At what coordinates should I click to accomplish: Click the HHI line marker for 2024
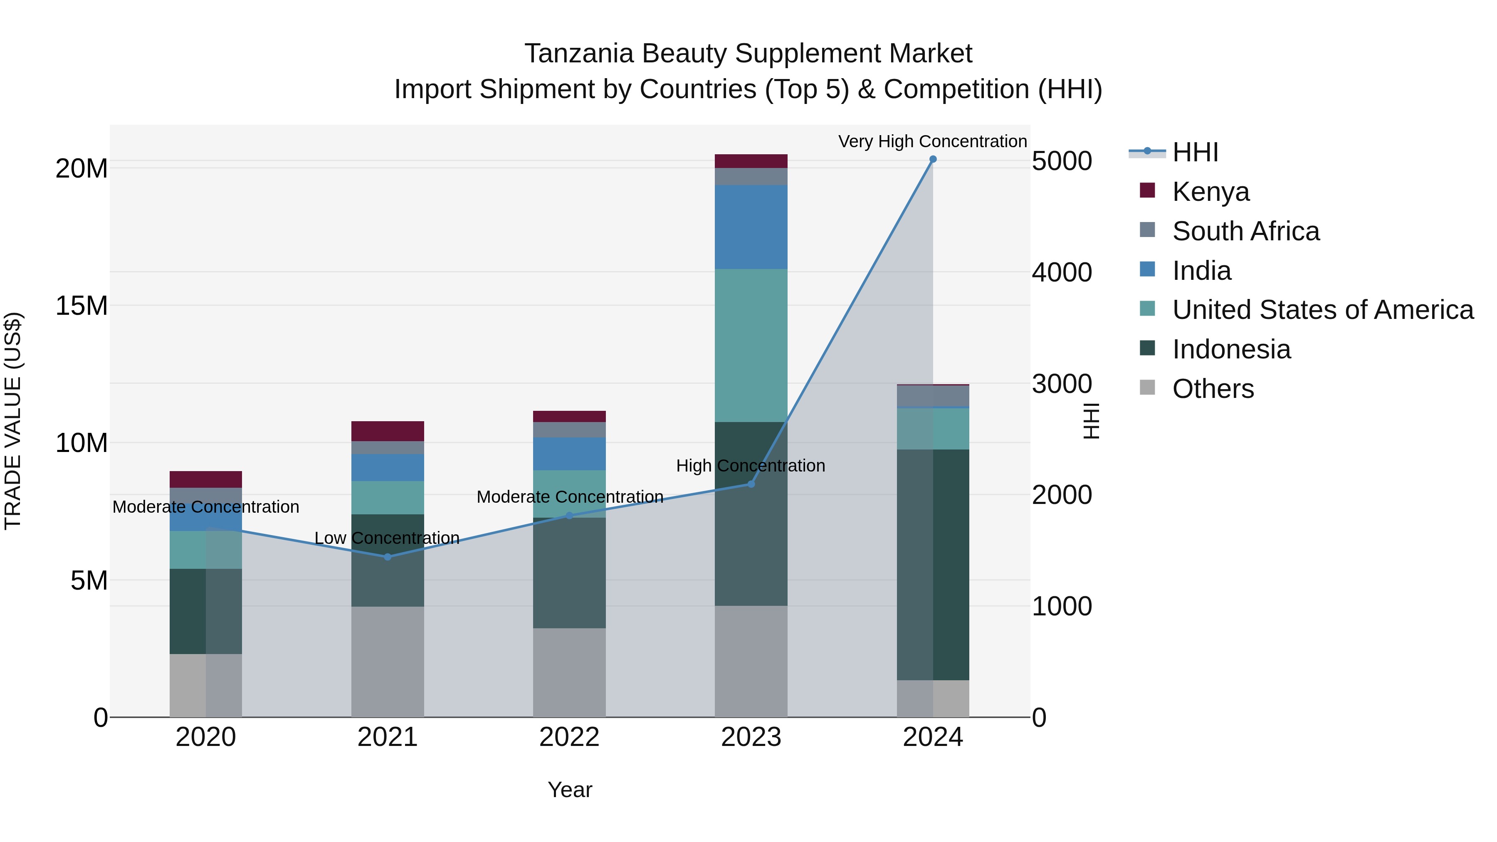tap(933, 159)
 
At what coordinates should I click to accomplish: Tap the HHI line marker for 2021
tap(388, 557)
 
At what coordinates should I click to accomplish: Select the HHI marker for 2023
tap(751, 484)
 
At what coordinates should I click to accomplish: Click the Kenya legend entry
tap(1210, 192)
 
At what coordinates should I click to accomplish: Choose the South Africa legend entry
tap(1245, 231)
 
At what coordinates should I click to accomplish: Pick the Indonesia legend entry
tap(1231, 349)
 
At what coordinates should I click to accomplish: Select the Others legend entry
tap(1213, 389)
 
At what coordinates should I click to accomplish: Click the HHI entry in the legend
tap(1195, 152)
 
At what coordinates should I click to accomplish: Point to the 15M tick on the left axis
tap(82, 306)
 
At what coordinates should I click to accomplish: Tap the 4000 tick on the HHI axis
tap(1062, 272)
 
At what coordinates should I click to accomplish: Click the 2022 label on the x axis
tap(569, 737)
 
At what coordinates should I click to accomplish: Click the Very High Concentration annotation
tap(932, 141)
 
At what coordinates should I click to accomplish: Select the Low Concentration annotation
tap(387, 538)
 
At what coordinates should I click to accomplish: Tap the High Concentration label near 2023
tap(750, 465)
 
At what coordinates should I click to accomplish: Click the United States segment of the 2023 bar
tap(751, 345)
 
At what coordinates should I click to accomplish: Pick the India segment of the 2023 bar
tap(751, 227)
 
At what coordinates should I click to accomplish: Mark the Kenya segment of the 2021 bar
tap(388, 431)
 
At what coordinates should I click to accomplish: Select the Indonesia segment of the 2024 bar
tap(933, 564)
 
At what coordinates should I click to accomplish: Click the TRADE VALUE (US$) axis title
tap(13, 421)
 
